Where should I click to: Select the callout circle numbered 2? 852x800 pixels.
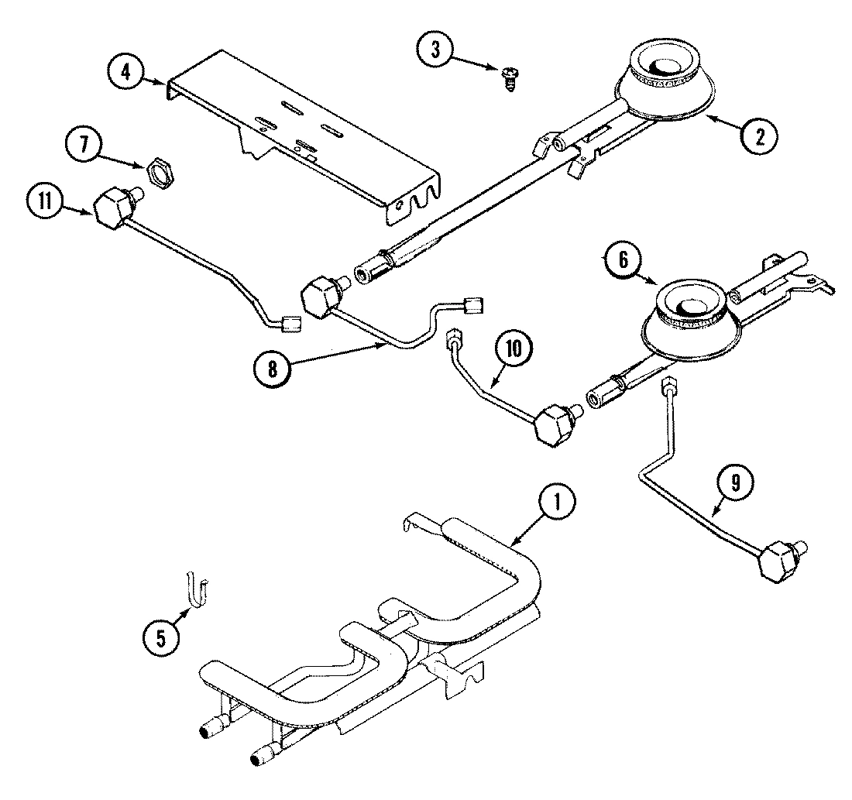(x=758, y=136)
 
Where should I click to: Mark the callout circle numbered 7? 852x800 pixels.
(x=84, y=145)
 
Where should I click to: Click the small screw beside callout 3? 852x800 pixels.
(x=509, y=77)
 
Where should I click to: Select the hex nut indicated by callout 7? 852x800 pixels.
(x=157, y=168)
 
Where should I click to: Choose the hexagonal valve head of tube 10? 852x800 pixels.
(x=552, y=425)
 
